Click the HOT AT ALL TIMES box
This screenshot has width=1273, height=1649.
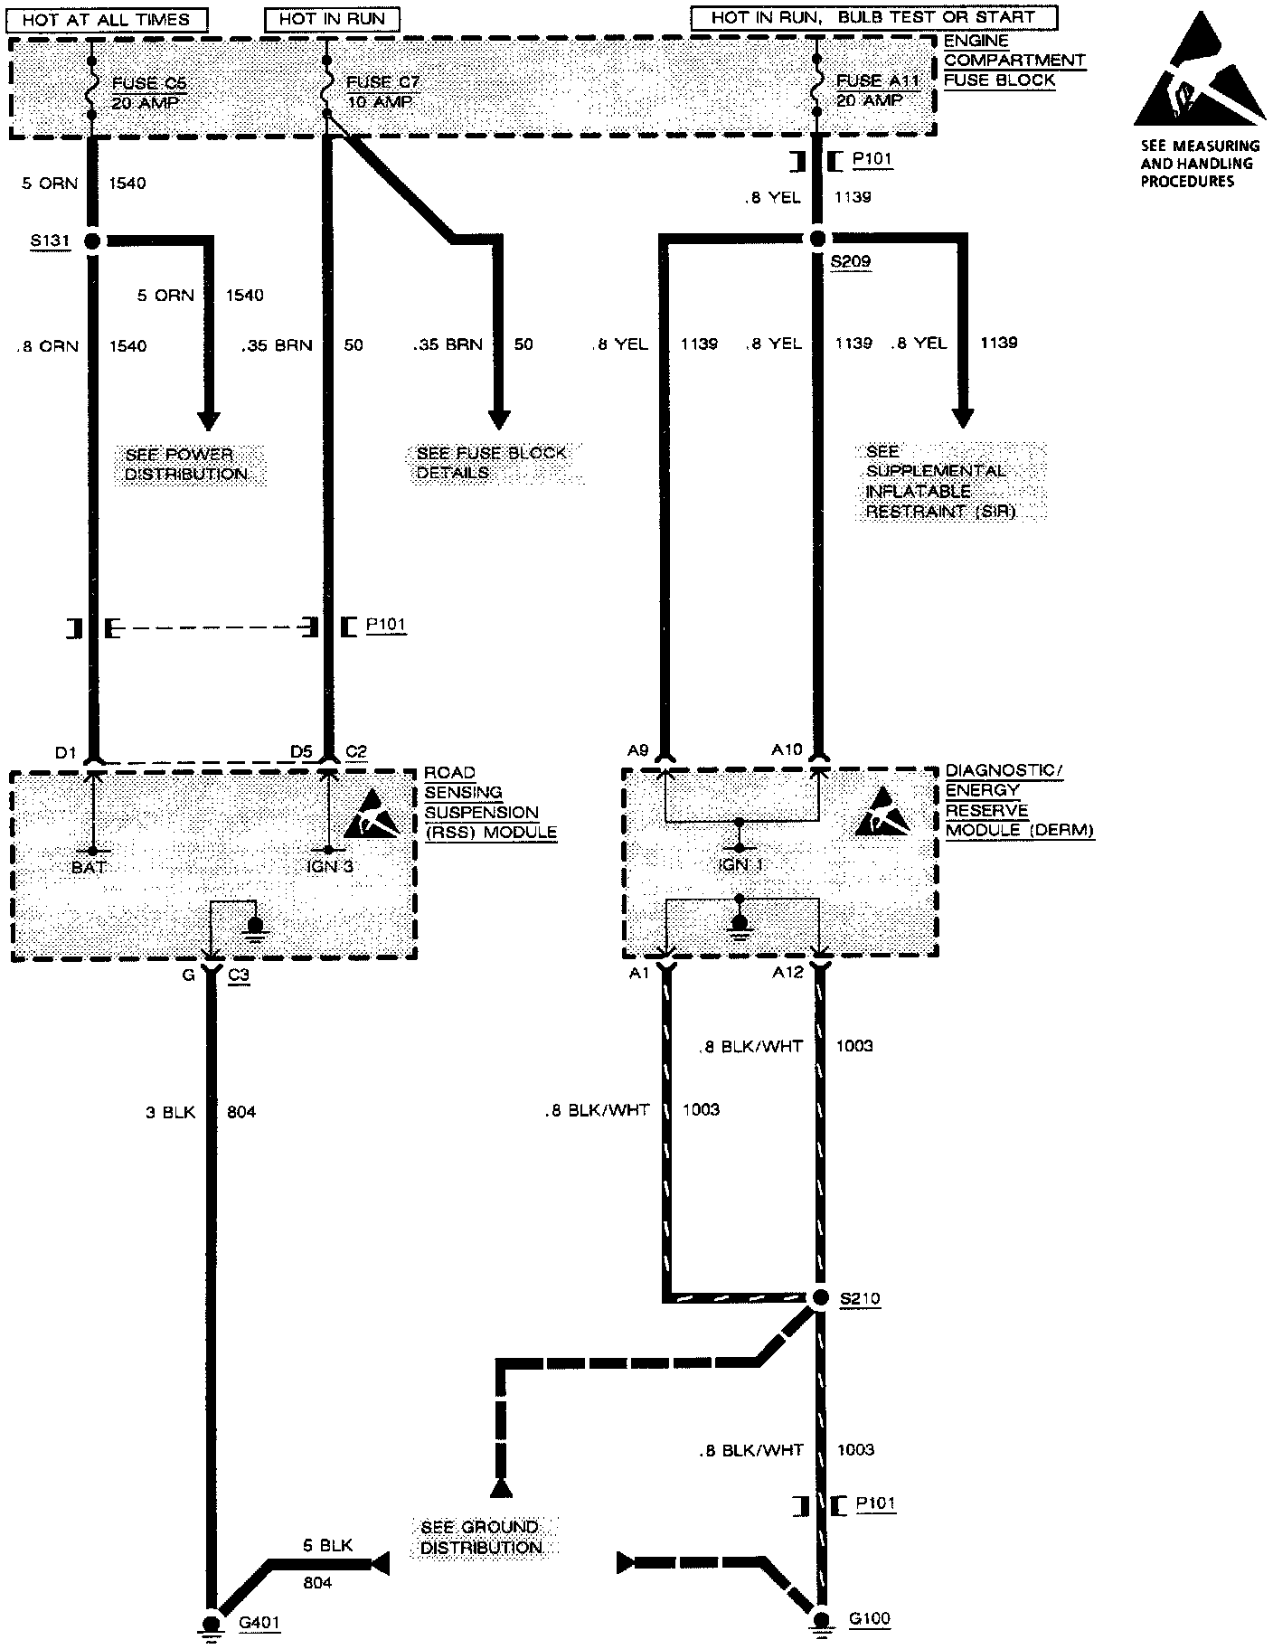[106, 19]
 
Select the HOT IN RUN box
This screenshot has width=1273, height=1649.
[332, 19]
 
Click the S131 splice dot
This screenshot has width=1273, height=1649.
[91, 241]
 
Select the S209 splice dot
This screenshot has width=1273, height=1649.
[817, 240]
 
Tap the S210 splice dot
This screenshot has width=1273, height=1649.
[818, 1298]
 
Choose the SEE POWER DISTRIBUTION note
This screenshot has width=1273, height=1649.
[184, 465]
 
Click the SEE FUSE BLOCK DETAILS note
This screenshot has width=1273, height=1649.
[491, 463]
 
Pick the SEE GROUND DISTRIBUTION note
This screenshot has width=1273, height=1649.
[481, 1537]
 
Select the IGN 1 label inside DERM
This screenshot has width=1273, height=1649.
[740, 865]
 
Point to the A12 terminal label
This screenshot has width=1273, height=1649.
[787, 974]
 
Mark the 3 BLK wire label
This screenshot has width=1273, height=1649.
[171, 1112]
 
